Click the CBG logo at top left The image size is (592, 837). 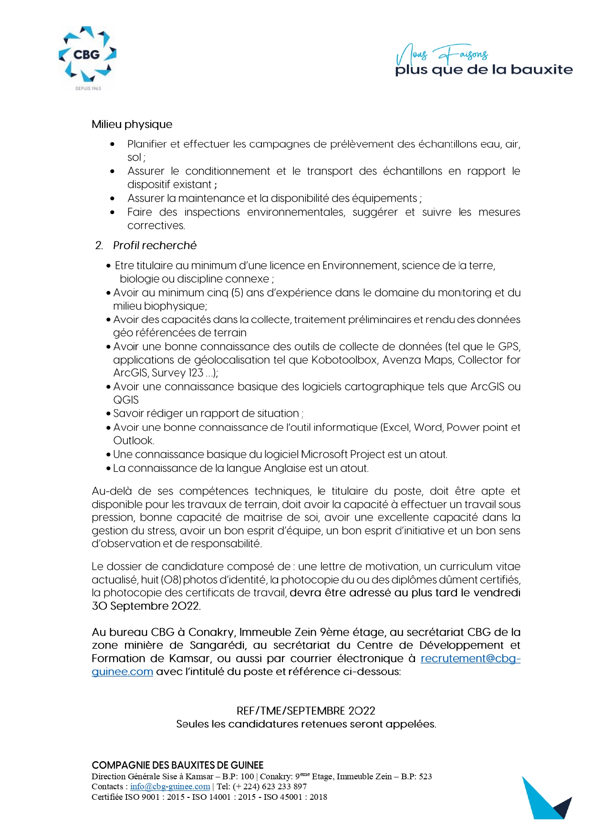point(87,57)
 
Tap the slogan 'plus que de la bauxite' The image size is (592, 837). point(484,70)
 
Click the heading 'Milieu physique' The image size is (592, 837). point(132,124)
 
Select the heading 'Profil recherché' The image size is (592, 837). point(155,246)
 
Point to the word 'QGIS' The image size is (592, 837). point(126,400)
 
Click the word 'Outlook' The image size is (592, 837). point(133,441)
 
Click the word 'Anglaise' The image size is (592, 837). point(279,468)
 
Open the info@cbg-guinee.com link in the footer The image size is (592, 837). point(170,786)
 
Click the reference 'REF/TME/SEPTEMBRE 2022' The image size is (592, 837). point(306,711)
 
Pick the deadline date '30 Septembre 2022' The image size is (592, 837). point(145,606)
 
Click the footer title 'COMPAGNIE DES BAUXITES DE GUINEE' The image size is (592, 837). point(177,765)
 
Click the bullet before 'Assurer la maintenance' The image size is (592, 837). point(113,198)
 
